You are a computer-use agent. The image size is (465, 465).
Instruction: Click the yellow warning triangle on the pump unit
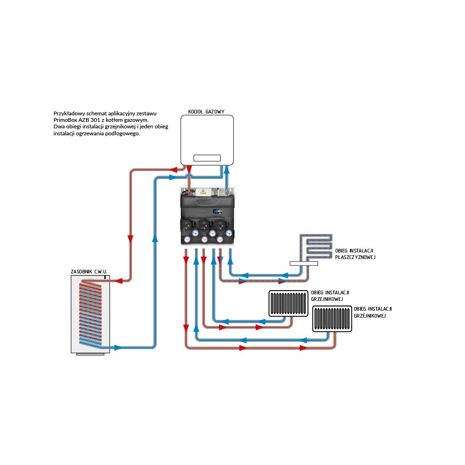(203, 191)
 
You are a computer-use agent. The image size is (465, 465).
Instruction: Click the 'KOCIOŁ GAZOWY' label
(206, 112)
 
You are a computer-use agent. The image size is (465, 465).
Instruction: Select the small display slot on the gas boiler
(207, 158)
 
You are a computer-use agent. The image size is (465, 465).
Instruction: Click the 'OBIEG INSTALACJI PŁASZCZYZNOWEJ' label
(355, 254)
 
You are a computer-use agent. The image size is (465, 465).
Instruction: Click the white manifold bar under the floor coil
(304, 263)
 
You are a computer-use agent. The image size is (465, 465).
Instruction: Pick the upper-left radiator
(288, 303)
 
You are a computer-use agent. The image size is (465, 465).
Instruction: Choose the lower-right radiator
(332, 319)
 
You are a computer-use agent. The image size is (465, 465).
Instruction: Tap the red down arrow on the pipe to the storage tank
(130, 239)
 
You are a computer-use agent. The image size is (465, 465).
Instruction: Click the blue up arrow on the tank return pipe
(155, 239)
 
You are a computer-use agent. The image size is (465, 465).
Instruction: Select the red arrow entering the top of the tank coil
(119, 280)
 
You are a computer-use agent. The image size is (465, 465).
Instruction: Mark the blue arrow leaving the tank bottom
(118, 347)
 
